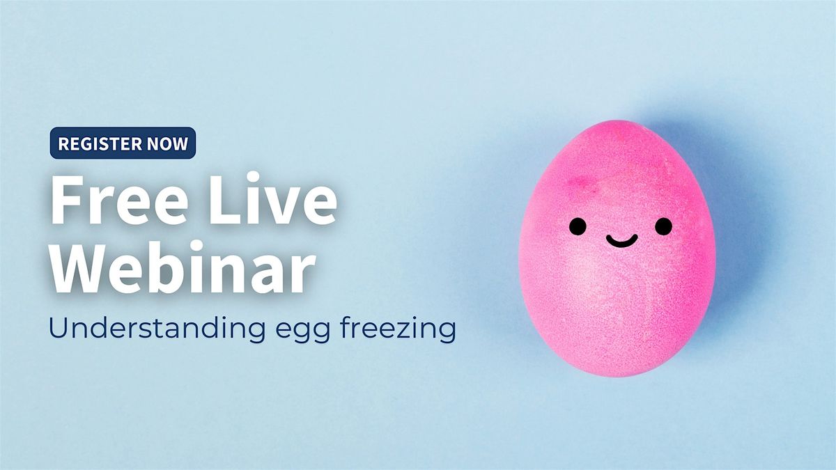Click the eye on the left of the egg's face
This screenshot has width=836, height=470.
coord(578,226)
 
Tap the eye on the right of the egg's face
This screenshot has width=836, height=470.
coord(664,226)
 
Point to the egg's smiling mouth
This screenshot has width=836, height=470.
coord(621,241)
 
